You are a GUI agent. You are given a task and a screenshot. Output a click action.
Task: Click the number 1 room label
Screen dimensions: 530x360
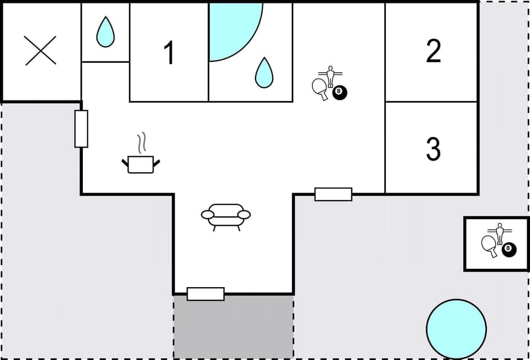(169, 53)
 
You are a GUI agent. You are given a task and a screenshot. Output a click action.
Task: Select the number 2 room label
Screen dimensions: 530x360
(433, 51)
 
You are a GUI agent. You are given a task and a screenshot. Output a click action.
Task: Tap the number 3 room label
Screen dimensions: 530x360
(433, 149)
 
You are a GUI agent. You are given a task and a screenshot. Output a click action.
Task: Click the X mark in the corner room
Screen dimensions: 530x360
(41, 51)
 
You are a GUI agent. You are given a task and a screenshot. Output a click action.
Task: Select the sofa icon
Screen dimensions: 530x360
(226, 215)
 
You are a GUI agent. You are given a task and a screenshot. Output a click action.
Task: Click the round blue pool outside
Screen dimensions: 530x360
(457, 329)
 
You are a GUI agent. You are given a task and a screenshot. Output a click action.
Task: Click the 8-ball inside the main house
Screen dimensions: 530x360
(340, 93)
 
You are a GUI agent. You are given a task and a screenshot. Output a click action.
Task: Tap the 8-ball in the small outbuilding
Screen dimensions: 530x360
(509, 250)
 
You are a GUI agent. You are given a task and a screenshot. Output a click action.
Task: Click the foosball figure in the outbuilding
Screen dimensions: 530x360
(500, 232)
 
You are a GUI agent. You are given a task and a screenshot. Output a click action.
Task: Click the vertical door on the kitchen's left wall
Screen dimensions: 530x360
(81, 129)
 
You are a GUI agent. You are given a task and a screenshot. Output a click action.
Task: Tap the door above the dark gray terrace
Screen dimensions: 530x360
(205, 294)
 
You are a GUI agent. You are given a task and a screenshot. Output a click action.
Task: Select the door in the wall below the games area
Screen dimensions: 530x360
(333, 194)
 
